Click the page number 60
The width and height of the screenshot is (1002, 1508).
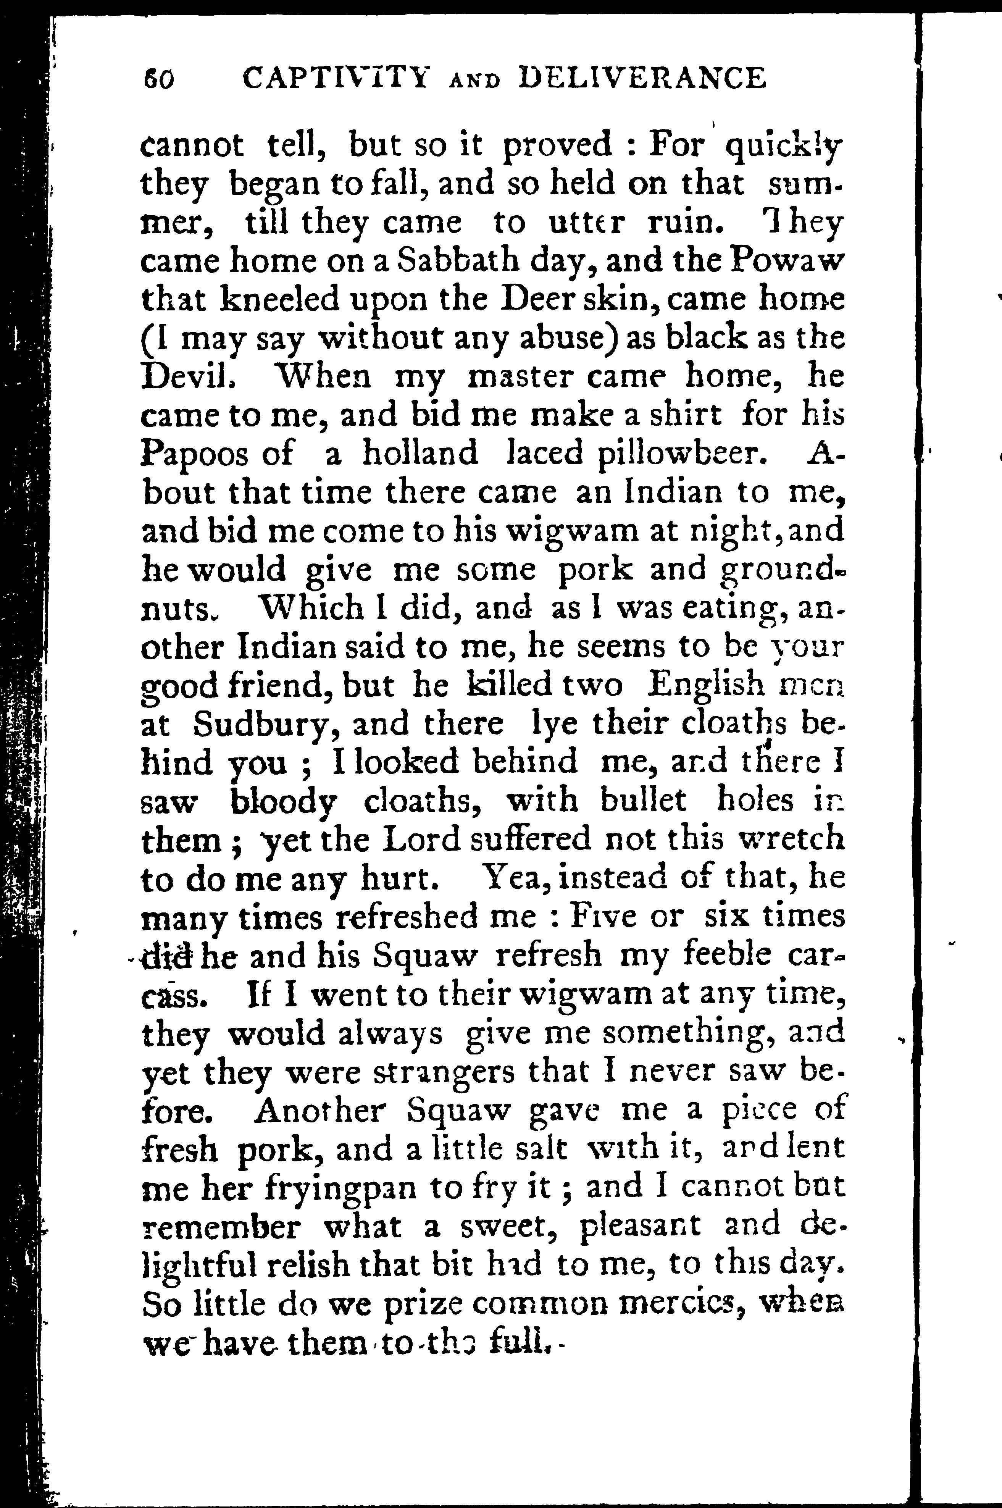(158, 80)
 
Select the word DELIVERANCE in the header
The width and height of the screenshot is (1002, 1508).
(643, 79)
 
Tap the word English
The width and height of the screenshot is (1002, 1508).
(705, 686)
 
